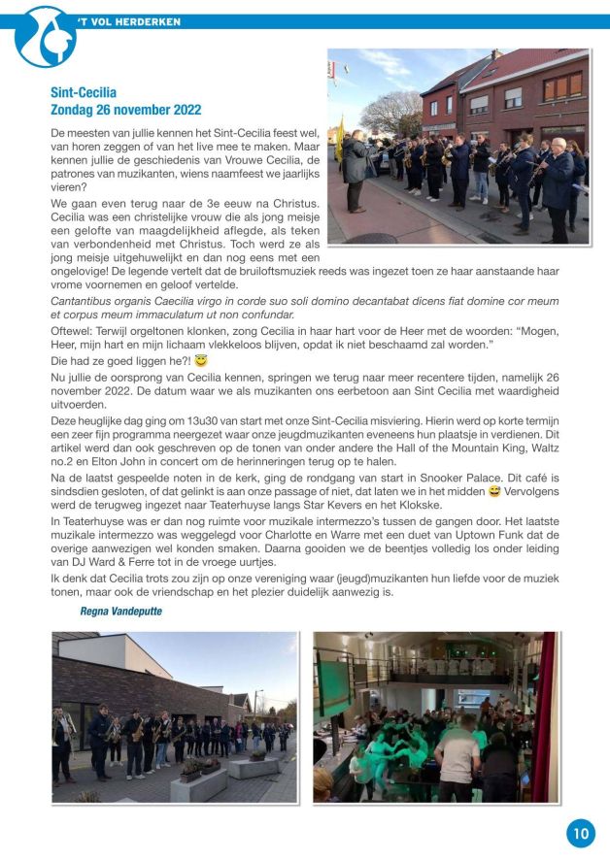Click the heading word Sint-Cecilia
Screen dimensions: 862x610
[84, 93]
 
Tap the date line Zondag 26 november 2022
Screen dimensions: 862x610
[125, 110]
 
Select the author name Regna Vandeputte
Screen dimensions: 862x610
[120, 612]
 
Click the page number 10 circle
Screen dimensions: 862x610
[580, 832]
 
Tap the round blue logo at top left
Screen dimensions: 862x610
[45, 37]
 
